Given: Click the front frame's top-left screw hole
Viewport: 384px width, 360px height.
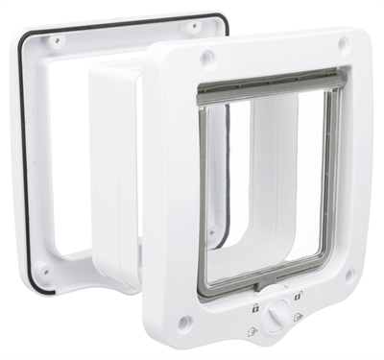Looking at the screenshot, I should point(204,59).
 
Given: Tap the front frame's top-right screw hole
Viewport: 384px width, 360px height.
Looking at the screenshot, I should point(343,44).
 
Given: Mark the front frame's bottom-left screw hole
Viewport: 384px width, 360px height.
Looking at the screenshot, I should point(185,321).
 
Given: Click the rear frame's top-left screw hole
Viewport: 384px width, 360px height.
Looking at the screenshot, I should point(56,41).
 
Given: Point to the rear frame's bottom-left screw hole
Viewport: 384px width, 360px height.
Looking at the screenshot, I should point(42,272).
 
